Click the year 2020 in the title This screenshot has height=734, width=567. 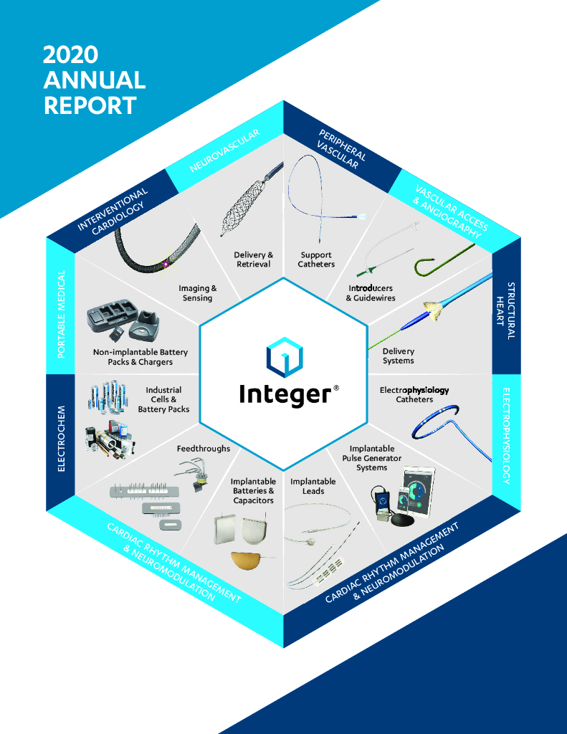point(70,55)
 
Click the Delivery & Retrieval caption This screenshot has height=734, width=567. point(254,259)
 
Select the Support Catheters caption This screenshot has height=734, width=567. point(316,259)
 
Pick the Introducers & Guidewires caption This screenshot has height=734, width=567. point(371,292)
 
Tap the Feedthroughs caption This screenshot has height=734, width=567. point(204,449)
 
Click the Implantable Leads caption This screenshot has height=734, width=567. point(313,486)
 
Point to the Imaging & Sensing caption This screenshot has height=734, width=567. point(197,293)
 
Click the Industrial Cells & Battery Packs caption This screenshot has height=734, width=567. point(163,400)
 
